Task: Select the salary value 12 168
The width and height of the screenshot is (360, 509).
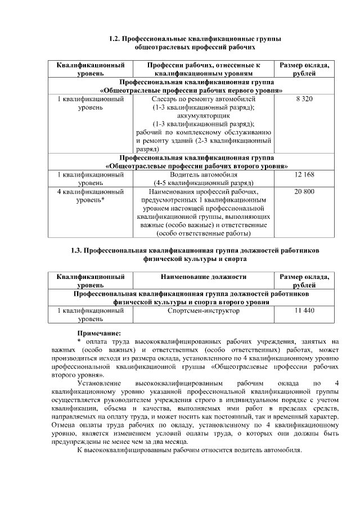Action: click(x=304, y=175)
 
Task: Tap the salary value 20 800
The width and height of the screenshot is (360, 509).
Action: click(x=304, y=192)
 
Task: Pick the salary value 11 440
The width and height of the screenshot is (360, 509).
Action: click(x=304, y=310)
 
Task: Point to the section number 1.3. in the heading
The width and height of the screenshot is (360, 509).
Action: click(x=78, y=250)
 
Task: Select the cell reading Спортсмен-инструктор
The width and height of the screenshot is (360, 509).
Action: click(x=203, y=310)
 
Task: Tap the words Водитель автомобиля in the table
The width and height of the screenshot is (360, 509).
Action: click(x=203, y=175)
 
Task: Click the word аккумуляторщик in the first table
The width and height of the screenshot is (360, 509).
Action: click(x=203, y=115)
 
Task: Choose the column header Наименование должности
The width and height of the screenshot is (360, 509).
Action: click(x=203, y=277)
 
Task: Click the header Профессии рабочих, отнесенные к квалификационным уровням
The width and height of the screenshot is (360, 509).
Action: click(x=203, y=69)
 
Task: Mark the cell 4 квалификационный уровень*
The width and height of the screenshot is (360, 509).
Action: click(x=91, y=196)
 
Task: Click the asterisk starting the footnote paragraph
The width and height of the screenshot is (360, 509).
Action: click(x=79, y=341)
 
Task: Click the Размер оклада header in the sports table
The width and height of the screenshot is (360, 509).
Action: click(x=304, y=281)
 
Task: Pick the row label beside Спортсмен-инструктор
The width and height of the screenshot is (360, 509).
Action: click(x=91, y=314)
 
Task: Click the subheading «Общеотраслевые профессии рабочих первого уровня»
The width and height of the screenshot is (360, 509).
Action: click(x=191, y=90)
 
